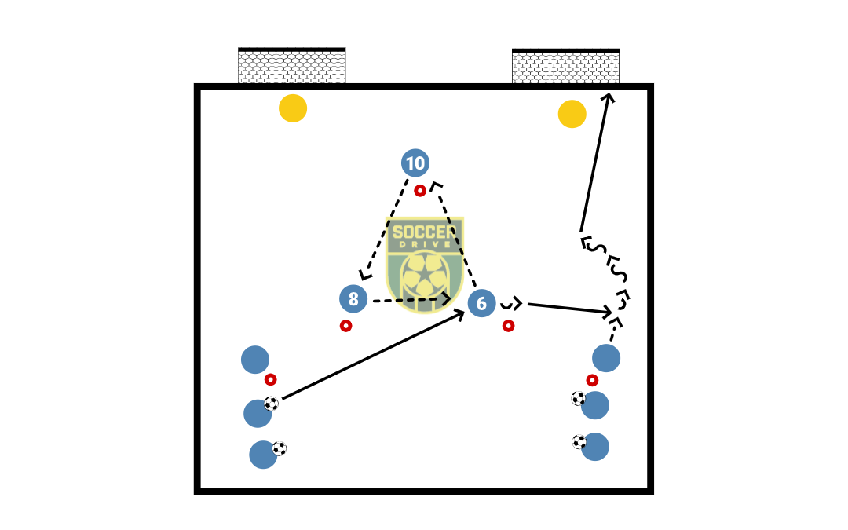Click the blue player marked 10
[x=415, y=163]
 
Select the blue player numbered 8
[x=353, y=298]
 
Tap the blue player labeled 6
[x=481, y=303]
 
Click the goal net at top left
[x=291, y=65]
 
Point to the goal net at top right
[x=565, y=66]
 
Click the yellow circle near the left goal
[x=293, y=108]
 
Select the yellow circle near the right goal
[x=572, y=114]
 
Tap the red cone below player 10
[x=419, y=190]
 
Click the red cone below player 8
[x=345, y=326]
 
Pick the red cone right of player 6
[x=508, y=326]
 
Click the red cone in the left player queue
[x=270, y=380]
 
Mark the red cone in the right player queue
[x=592, y=380]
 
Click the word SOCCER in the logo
[x=425, y=232]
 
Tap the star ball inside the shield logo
[x=425, y=275]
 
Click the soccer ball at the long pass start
[x=271, y=404]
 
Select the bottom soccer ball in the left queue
[x=279, y=448]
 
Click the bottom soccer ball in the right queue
[x=579, y=442]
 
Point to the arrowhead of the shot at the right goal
[x=609, y=95]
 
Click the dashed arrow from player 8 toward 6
[x=411, y=299]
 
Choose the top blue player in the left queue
[x=254, y=360]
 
